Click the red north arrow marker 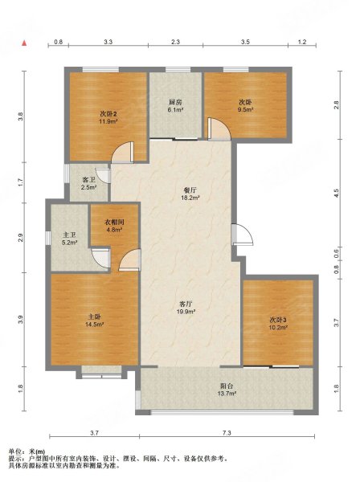point(24,43)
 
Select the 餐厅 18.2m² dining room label point(190,194)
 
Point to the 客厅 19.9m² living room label point(186,308)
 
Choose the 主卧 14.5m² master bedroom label point(94,321)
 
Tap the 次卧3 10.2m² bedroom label point(278,324)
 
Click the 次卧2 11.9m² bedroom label point(108,117)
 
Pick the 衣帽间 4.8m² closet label point(114,225)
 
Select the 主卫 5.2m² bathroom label point(69,239)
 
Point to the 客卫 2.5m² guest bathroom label point(89,183)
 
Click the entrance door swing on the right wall point(242,235)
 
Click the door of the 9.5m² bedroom point(219,129)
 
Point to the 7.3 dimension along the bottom point(227,433)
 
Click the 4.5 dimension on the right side point(337,194)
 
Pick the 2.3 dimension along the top point(175,42)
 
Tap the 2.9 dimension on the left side point(20,238)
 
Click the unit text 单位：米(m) point(27,451)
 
